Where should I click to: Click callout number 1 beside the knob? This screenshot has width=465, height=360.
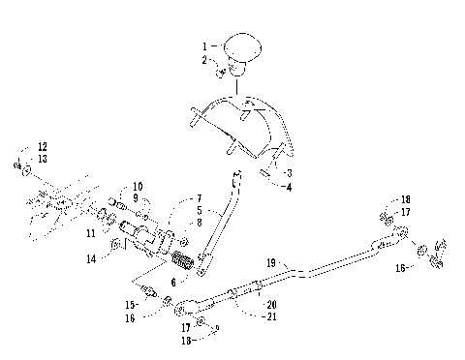pyautogui.click(x=205, y=46)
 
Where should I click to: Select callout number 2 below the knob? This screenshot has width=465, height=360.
pyautogui.click(x=205, y=60)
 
